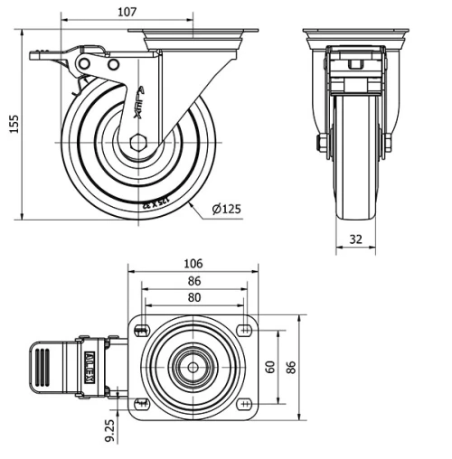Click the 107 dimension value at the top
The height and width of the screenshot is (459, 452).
point(127,11)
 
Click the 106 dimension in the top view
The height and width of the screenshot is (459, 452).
point(193,264)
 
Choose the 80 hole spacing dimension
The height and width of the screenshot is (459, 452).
point(193,296)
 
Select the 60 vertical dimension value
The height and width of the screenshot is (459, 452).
point(268,367)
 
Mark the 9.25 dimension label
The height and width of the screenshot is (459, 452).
point(110,428)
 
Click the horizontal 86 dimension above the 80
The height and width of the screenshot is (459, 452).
point(193,281)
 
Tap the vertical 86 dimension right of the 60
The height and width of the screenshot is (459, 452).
point(290,367)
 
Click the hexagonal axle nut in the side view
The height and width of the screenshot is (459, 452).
point(137,143)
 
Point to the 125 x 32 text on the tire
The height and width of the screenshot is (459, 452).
point(155,201)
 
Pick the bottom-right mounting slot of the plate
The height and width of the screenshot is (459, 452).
point(246,403)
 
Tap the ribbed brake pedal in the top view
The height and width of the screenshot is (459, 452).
point(44,367)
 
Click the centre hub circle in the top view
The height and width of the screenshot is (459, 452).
point(193,367)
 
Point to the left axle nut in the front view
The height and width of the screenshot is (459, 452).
point(321,143)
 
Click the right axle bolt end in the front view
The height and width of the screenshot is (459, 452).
point(387,143)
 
